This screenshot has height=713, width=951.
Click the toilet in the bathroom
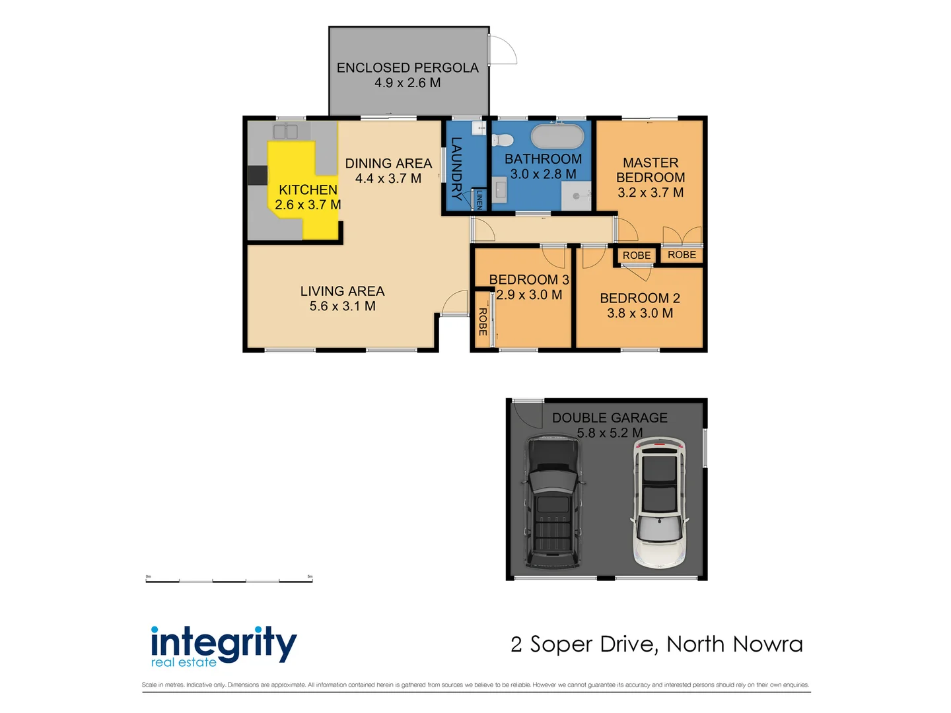pyautogui.click(x=503, y=140)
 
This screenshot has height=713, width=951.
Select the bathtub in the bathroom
pyautogui.click(x=558, y=137)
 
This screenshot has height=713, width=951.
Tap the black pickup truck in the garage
pyautogui.click(x=553, y=502)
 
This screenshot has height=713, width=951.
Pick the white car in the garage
pyautogui.click(x=659, y=502)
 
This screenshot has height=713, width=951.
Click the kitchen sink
pyautogui.click(x=285, y=131)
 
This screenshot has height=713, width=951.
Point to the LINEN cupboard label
pyautogui.click(x=479, y=201)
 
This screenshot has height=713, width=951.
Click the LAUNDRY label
pyautogui.click(x=456, y=168)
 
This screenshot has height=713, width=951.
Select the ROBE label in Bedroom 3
pyautogui.click(x=483, y=322)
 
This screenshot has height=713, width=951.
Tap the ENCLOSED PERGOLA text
pyautogui.click(x=407, y=67)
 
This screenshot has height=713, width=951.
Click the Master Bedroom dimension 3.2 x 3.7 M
pyautogui.click(x=651, y=193)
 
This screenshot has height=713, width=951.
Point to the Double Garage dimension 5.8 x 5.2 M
pyautogui.click(x=610, y=433)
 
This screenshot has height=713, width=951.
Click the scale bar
pyautogui.click(x=229, y=580)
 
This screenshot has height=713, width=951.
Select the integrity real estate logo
pyautogui.click(x=223, y=646)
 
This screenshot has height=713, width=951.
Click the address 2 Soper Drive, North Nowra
pyautogui.click(x=656, y=644)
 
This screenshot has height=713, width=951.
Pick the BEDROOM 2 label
pyautogui.click(x=640, y=298)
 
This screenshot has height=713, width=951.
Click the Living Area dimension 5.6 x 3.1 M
pyautogui.click(x=342, y=306)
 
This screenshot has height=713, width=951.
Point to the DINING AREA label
pyautogui.click(x=388, y=163)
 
